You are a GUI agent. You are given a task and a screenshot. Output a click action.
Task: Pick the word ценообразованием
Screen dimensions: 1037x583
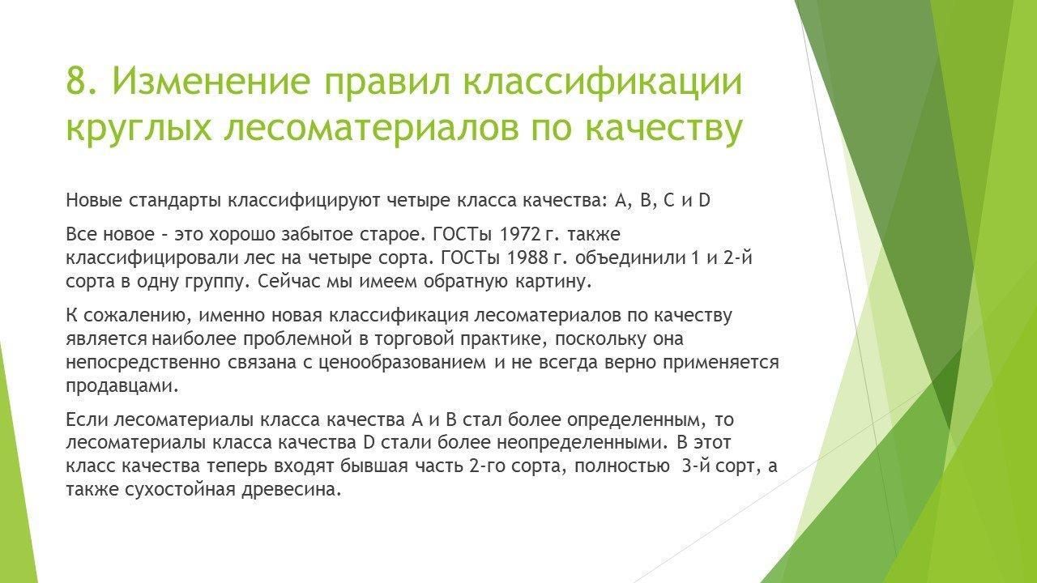[403, 363]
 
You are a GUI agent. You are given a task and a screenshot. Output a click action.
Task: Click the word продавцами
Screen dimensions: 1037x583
[122, 386]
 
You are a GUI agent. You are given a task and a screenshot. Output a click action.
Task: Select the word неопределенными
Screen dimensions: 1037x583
[583, 443]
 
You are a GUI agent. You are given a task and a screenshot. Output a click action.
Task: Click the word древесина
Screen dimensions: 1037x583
[292, 490]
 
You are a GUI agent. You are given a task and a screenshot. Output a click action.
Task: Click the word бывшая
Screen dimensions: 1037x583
[374, 466]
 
